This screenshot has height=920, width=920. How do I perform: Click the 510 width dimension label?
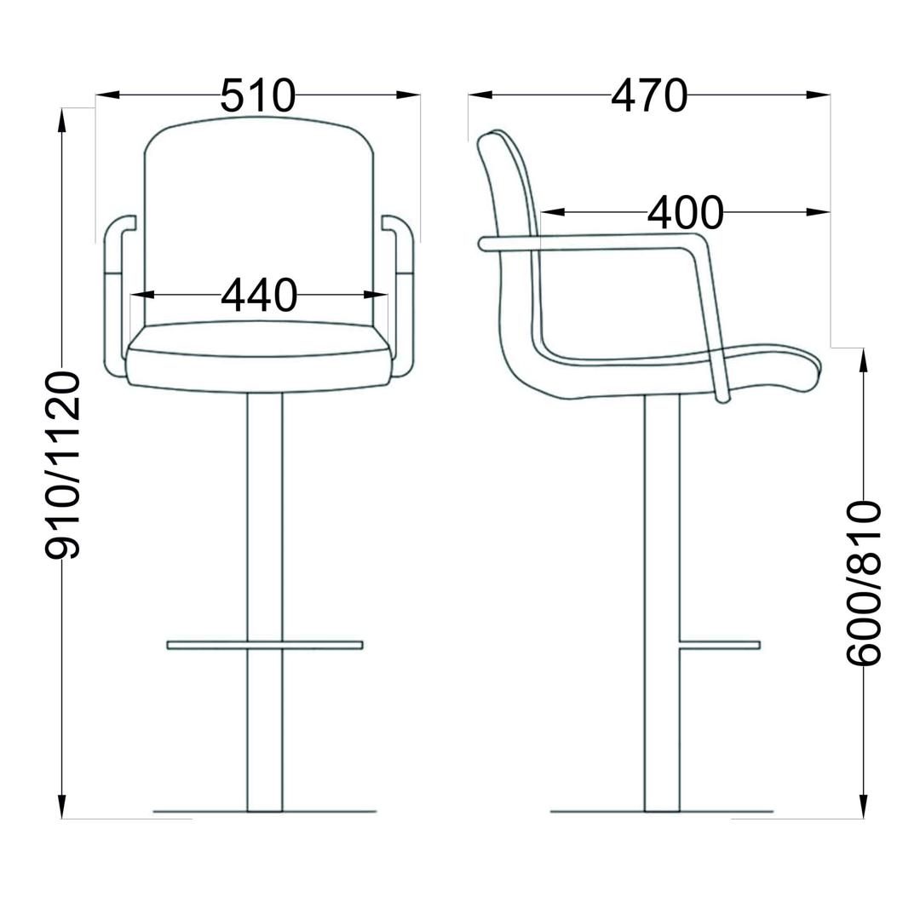click(258, 95)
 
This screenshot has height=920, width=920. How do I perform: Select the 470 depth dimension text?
click(649, 95)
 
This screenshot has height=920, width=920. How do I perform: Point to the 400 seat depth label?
click(685, 212)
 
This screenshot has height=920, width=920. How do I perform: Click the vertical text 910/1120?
click(62, 465)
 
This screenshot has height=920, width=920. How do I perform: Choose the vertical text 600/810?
click(863, 583)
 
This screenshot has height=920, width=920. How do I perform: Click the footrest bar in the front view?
click(265, 645)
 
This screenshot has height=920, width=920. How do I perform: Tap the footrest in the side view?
click(719, 645)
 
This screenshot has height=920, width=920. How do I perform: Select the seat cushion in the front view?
click(259, 357)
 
